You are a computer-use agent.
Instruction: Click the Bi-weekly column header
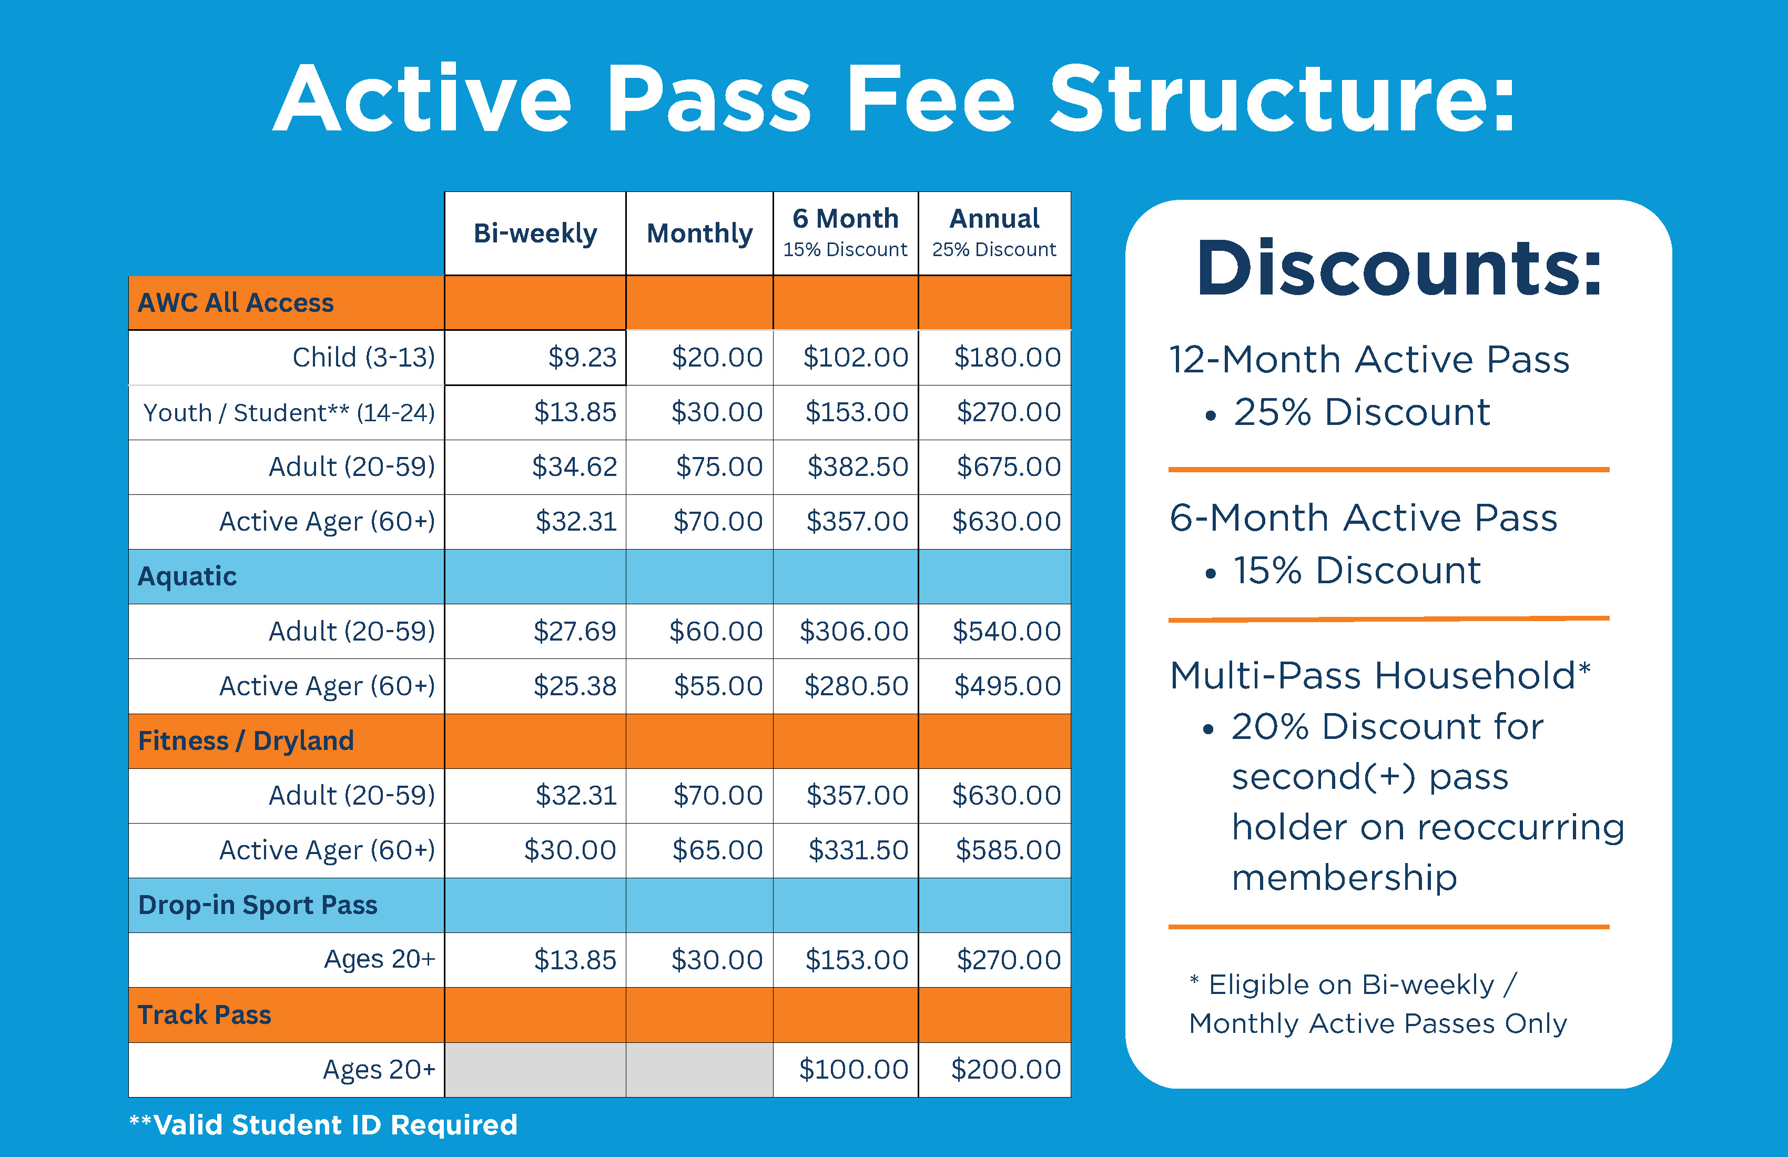[x=535, y=234]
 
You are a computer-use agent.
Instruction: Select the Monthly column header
[x=699, y=234]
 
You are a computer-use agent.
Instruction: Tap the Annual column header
[x=994, y=219]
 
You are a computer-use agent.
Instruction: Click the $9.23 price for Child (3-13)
[x=582, y=358]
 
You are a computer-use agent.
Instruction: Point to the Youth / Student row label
[x=289, y=412]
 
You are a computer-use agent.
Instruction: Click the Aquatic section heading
[x=188, y=576]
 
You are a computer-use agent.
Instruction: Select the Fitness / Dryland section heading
[x=246, y=741]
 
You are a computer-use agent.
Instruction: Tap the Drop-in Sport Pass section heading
[x=258, y=905]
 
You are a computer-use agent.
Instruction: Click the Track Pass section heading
[x=205, y=1015]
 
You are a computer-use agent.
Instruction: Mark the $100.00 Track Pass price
[x=854, y=1069]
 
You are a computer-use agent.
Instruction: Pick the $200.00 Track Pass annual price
[x=1006, y=1069]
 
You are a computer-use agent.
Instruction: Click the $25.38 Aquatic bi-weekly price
[x=575, y=686]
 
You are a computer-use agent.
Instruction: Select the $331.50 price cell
[x=858, y=850]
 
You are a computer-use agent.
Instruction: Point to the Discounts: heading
[x=1399, y=268]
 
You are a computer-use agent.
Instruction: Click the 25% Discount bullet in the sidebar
[x=1360, y=412]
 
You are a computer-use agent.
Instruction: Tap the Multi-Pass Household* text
[x=1380, y=675]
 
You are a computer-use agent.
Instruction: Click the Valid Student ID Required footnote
[x=324, y=1125]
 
